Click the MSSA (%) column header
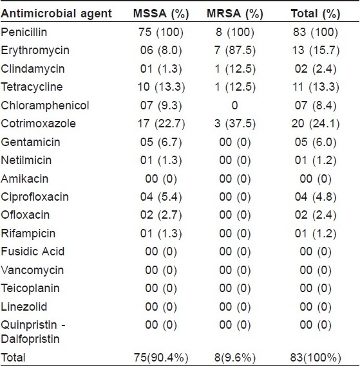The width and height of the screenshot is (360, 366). tap(161, 14)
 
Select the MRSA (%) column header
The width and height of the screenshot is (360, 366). tap(235, 14)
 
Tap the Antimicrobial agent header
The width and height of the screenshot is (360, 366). tap(56, 14)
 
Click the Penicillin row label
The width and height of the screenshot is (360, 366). tap(24, 32)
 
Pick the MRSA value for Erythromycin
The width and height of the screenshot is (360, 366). tap(235, 50)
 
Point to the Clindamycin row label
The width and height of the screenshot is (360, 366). tap(33, 69)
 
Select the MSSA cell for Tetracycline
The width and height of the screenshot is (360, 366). tap(161, 87)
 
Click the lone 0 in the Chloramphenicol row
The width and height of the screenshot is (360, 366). tap(234, 105)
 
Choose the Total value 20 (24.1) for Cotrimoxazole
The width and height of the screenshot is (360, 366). tap(316, 124)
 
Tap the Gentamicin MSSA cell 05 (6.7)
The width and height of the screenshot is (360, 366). tap(161, 142)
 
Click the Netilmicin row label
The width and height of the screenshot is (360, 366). tap(26, 160)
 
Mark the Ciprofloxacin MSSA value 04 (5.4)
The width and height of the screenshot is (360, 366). tap(161, 197)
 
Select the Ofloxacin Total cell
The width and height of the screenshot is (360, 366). tap(316, 215)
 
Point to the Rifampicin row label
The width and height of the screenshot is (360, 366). tap(28, 233)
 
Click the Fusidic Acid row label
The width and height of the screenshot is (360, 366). tap(32, 252)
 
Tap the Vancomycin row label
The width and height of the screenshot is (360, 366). tap(32, 270)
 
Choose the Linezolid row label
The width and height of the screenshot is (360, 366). tap(24, 306)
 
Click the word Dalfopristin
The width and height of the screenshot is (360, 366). tap(30, 339)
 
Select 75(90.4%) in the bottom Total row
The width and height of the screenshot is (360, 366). tap(161, 358)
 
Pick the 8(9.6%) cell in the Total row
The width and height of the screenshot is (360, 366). tap(235, 358)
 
